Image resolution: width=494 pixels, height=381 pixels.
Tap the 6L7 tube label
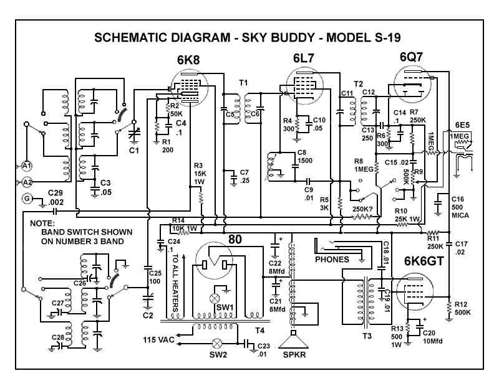306,59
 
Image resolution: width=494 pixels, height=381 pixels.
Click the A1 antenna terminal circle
26,166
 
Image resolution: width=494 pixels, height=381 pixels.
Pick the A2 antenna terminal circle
26,182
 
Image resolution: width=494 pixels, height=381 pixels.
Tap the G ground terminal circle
26,199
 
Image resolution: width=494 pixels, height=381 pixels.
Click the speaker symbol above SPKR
293,341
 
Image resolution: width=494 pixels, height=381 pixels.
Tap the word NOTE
42,223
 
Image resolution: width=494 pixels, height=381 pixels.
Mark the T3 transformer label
367,336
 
